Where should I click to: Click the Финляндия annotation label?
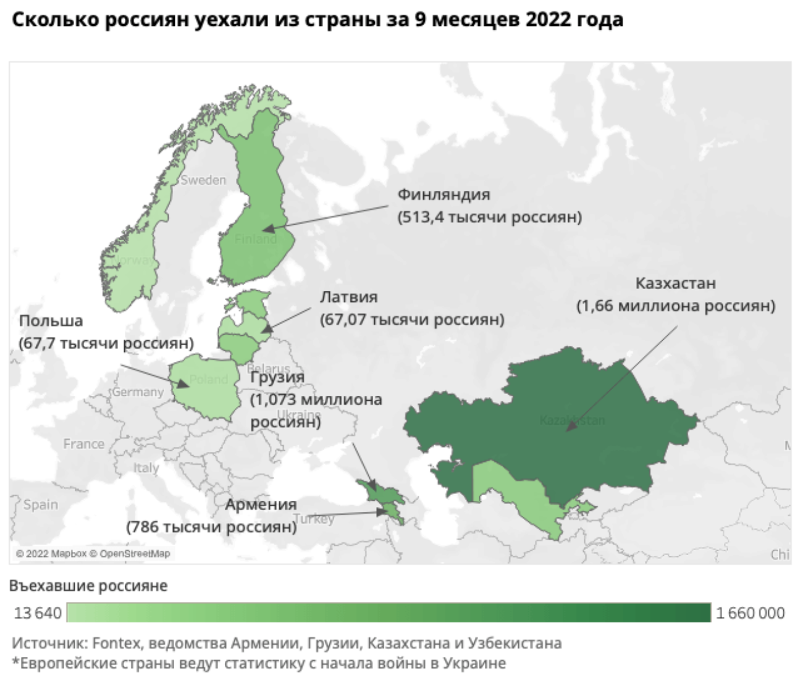pos(443,195)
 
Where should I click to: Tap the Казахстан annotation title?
pos(676,283)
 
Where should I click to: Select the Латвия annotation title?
pos(348,297)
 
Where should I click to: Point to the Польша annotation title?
pos(51,321)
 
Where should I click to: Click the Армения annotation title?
pos(261,504)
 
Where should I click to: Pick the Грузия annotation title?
pos(277,377)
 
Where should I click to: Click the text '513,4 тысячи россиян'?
pos(489,217)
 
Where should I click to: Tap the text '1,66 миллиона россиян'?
pos(676,306)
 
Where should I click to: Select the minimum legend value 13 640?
pos(38,613)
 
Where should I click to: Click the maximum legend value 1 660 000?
pos(750,613)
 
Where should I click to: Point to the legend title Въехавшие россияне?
pos(88,585)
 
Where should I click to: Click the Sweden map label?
pos(203,180)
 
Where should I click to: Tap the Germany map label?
pos(137,392)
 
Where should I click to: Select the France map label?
pos(83,444)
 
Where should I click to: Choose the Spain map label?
pos(41,504)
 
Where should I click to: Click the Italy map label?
pos(146,468)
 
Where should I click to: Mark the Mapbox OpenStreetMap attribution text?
pos(93,554)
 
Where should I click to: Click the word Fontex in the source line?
pos(111,643)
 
